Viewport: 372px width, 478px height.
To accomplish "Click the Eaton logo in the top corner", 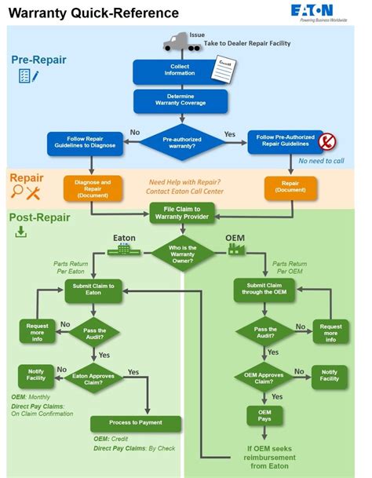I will tap(333, 12).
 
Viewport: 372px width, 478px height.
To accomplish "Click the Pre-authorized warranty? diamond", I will tap(181, 141).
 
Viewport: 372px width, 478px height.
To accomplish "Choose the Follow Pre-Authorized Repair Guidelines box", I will tap(286, 141).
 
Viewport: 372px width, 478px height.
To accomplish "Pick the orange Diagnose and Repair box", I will tap(93, 188).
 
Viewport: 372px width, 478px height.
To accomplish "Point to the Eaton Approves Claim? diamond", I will tap(93, 377).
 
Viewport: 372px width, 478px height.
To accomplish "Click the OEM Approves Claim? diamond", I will tap(266, 377).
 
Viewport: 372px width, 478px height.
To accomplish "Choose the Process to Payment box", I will tap(136, 424).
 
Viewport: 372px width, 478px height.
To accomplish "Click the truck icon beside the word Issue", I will tap(179, 42).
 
